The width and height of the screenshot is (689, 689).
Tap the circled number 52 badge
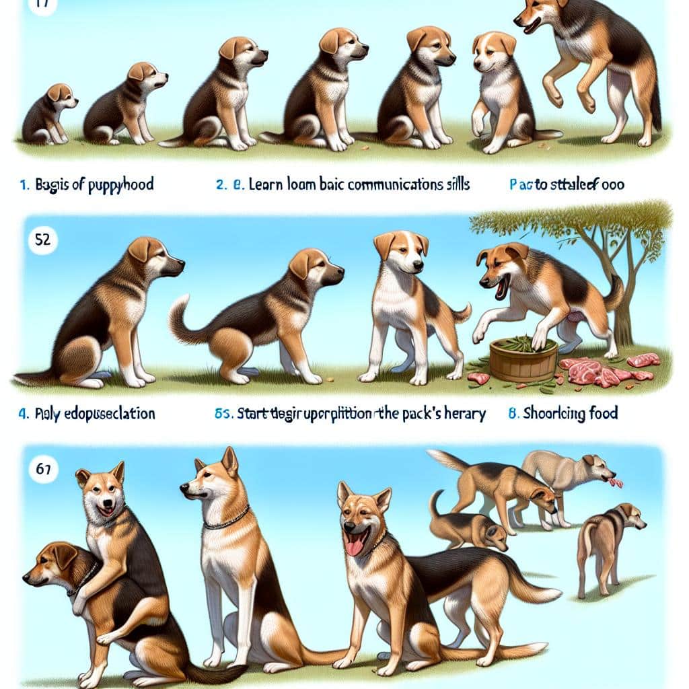click(42, 241)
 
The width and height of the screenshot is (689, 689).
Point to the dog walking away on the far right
click(606, 545)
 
